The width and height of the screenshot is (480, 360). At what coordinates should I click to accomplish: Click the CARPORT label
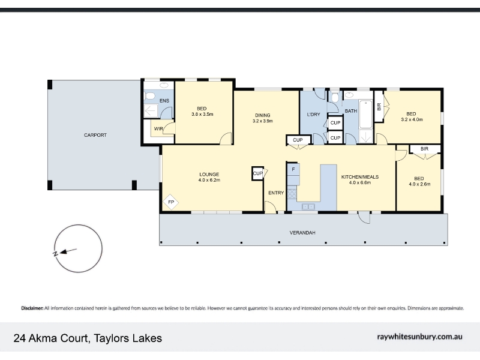coord(95,135)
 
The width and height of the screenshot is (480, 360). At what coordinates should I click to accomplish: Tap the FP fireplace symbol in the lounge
coord(171,202)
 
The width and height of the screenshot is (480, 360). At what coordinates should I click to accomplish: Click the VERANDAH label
coord(302,233)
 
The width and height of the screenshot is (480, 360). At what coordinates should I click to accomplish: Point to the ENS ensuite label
coord(164,101)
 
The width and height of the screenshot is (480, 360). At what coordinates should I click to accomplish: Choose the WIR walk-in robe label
coord(158,128)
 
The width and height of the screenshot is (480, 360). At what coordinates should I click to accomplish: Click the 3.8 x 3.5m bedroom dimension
coord(202,115)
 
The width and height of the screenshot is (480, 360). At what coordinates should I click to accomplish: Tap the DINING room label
coord(263,115)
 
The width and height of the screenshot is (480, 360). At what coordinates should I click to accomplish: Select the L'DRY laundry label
coord(313,115)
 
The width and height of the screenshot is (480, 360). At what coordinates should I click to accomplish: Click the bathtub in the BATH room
coord(365,114)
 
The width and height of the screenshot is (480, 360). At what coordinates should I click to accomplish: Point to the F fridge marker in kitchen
coord(293,169)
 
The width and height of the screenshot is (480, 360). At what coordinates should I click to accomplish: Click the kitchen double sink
coord(308,207)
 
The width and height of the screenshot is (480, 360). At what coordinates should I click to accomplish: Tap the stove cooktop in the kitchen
coord(292,194)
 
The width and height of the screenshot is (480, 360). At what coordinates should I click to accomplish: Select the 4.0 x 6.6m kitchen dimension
coord(360,183)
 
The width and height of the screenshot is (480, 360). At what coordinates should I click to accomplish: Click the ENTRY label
coord(276,193)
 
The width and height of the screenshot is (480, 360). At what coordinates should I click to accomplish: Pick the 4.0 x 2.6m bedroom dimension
coord(419,184)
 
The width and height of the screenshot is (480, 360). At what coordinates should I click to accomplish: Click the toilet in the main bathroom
coord(335,97)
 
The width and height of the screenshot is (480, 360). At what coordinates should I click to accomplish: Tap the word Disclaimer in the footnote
coord(32,308)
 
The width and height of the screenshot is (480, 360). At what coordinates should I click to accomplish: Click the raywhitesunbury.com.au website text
coord(419,337)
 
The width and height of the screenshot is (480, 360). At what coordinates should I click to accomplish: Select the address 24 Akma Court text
coord(52,338)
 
